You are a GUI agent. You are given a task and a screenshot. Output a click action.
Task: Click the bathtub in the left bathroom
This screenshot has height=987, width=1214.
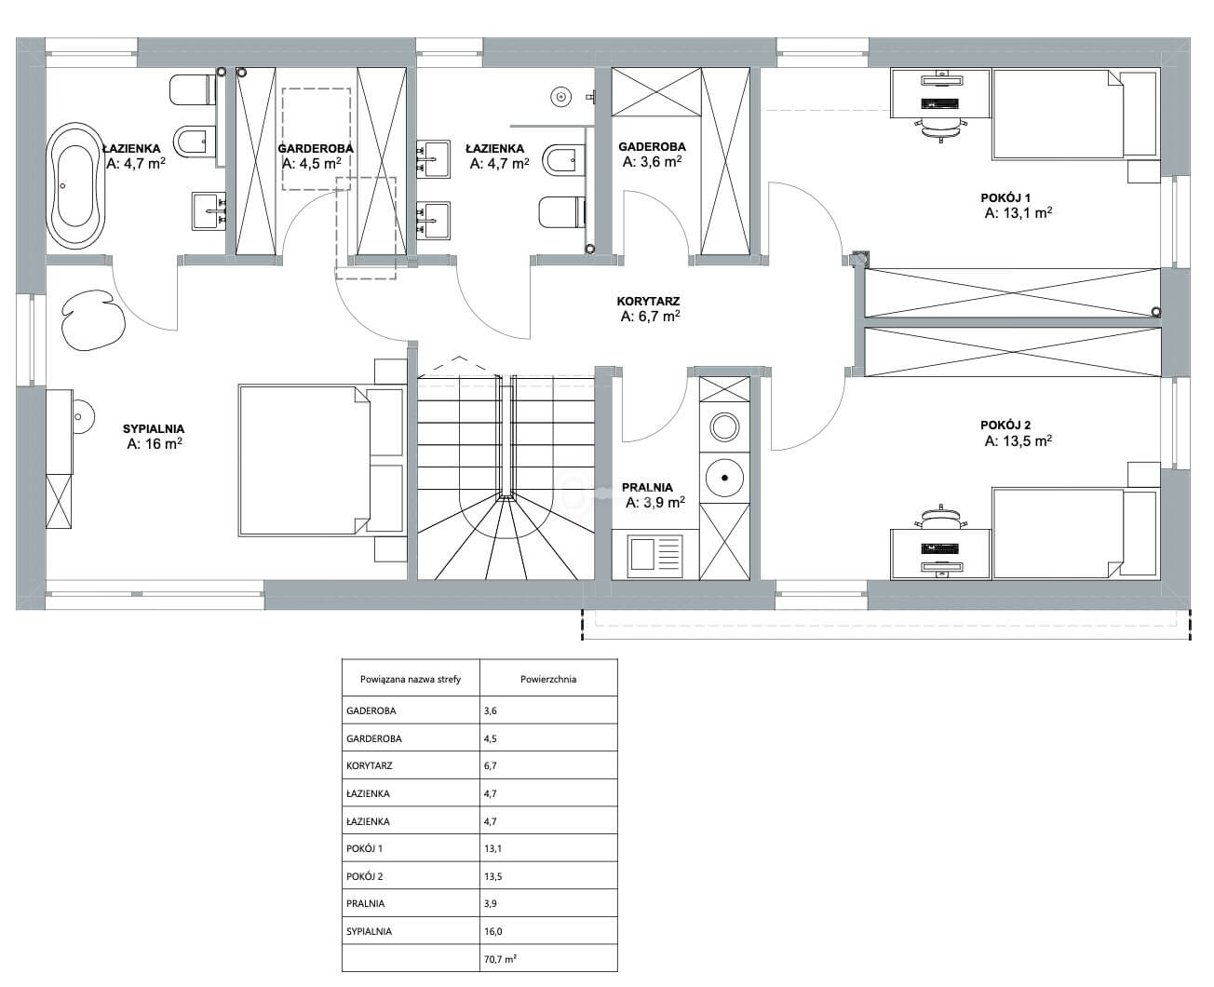click(x=75, y=186)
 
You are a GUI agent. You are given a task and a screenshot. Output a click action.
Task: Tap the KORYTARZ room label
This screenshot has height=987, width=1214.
click(x=648, y=302)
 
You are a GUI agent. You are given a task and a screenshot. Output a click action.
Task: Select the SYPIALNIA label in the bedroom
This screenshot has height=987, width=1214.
click(x=154, y=428)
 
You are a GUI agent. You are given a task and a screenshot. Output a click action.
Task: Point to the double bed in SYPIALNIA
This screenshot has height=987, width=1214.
click(x=322, y=461)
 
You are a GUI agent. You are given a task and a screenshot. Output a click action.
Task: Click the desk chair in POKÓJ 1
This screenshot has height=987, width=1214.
click(x=940, y=129)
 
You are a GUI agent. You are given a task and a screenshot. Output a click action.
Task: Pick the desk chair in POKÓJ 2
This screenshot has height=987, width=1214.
click(x=940, y=517)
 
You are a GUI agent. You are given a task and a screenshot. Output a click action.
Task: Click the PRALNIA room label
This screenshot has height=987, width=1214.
click(x=647, y=487)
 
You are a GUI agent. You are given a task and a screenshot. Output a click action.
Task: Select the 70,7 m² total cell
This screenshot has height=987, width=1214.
click(x=500, y=960)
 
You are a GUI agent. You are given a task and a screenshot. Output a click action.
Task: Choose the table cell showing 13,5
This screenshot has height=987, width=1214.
click(x=493, y=876)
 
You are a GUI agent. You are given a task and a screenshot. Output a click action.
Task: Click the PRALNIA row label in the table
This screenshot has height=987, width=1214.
click(x=365, y=904)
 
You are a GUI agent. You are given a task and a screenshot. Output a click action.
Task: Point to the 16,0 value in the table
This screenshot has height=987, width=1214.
click(x=493, y=932)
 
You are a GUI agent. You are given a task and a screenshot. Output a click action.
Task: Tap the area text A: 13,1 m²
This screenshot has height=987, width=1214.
click(x=1018, y=213)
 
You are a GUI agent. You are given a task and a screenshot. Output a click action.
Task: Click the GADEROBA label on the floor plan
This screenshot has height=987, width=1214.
click(x=652, y=146)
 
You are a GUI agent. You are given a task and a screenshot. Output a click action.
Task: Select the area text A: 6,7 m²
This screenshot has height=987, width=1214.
click(x=651, y=317)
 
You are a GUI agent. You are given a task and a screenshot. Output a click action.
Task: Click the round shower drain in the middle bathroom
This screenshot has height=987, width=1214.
click(x=560, y=97)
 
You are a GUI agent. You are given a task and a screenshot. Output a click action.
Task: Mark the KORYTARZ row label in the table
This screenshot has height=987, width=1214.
click(x=370, y=766)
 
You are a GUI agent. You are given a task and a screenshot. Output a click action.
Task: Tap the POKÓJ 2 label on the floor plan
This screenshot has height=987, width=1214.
click(x=1005, y=426)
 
